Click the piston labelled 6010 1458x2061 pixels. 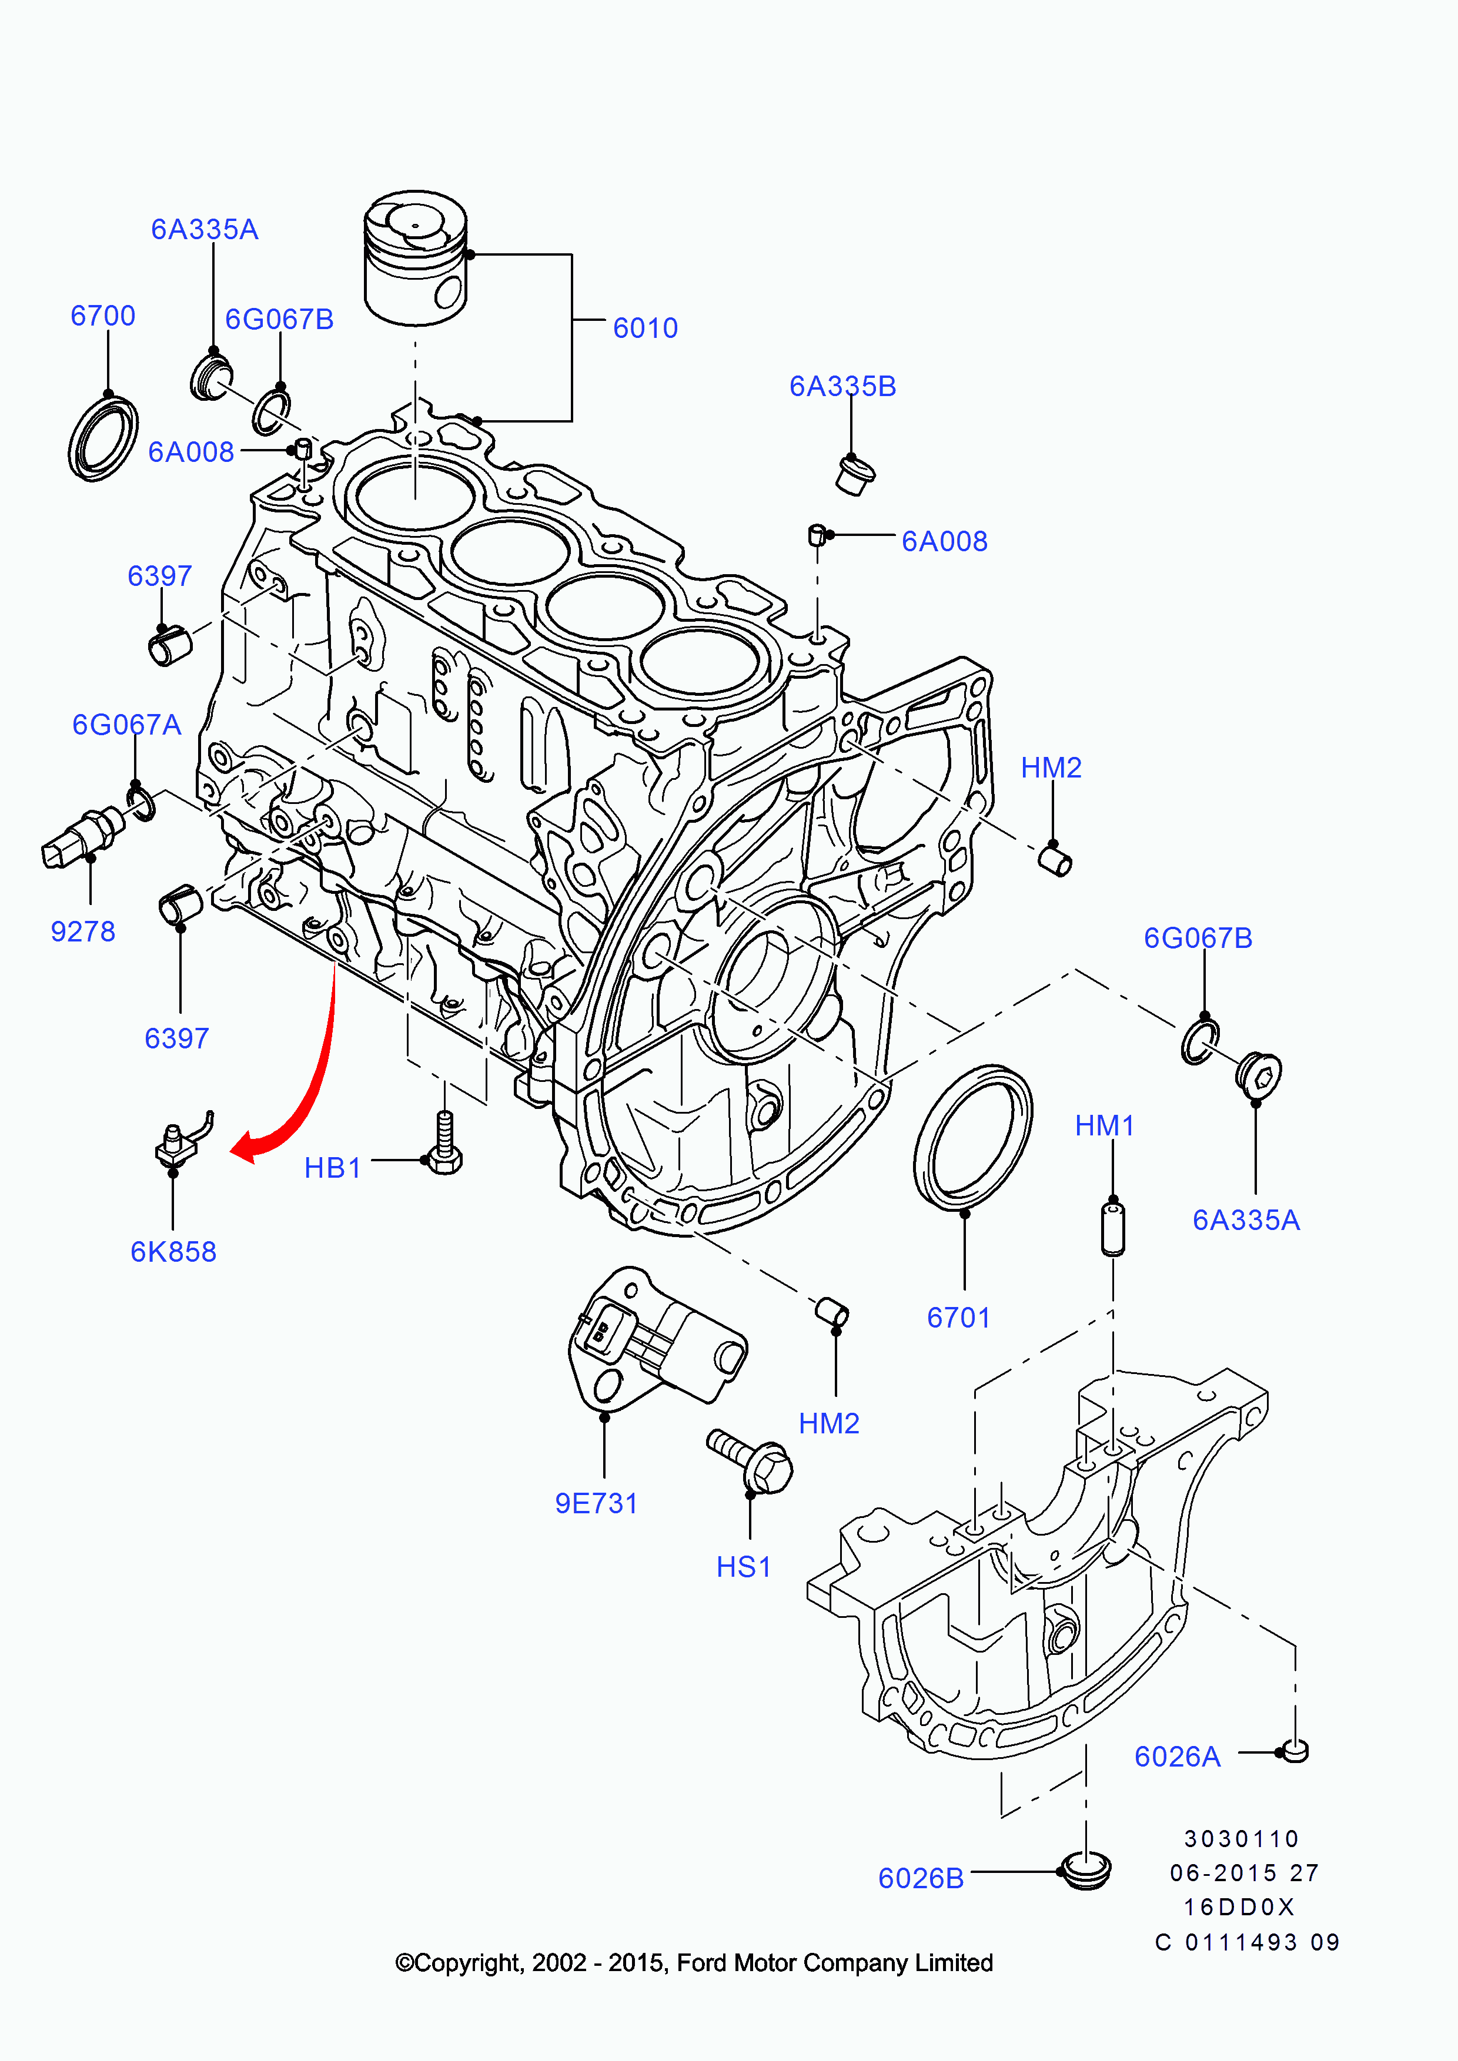416,259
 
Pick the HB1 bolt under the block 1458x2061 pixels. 445,1144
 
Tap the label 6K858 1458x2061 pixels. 173,1251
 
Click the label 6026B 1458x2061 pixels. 921,1878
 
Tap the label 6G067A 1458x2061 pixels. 126,725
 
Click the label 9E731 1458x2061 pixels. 596,1503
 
